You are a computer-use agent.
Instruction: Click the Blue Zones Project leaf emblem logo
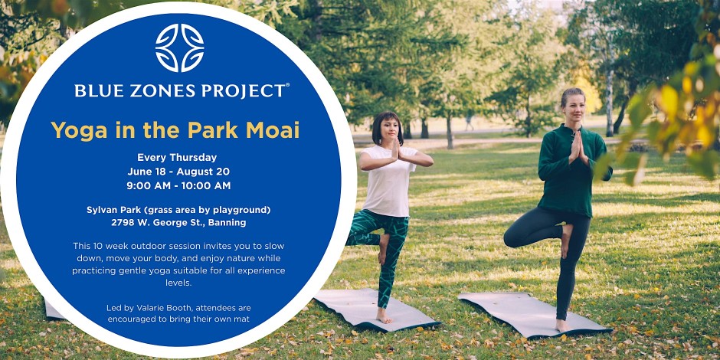coord(179,47)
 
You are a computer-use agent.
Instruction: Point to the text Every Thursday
coord(177,158)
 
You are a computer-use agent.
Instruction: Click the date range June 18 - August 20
coord(178,172)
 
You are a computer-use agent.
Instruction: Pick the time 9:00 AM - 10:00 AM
coord(178,186)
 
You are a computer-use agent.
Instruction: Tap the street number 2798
coord(122,223)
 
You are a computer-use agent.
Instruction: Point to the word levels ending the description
coord(178,283)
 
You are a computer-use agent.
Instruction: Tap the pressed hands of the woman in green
coord(575,146)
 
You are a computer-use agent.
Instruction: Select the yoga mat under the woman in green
coord(535,313)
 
